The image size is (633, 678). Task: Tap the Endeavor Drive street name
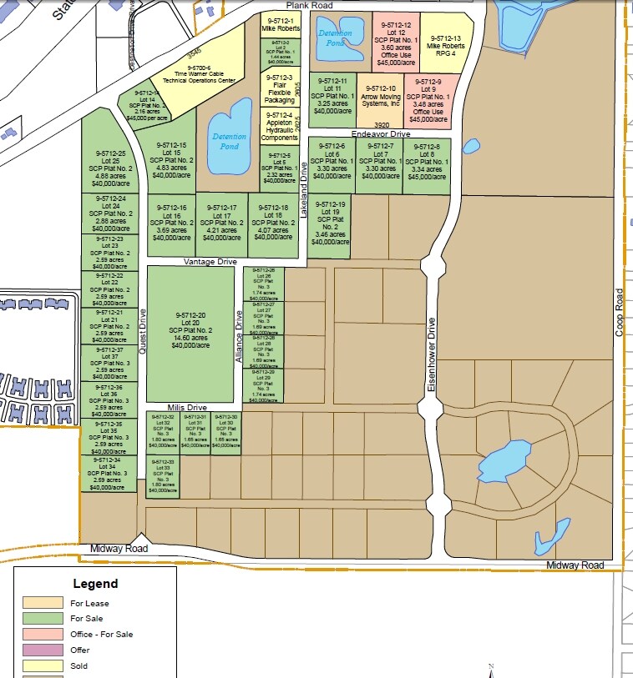[x=381, y=133]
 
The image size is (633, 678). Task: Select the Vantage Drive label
[x=210, y=262]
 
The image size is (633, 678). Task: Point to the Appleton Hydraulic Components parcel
[x=279, y=126]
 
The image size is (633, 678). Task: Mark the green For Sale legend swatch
[x=43, y=618]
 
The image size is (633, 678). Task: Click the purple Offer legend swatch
[x=43, y=650]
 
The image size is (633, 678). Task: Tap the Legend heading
[x=95, y=584]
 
